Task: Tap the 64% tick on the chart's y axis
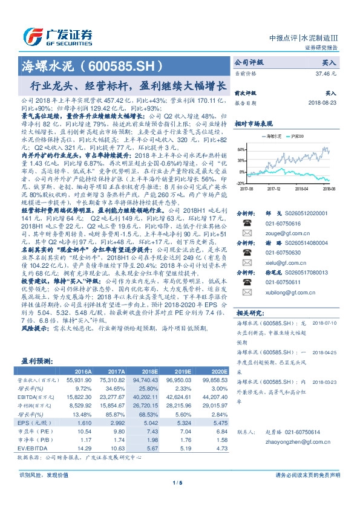[241, 148]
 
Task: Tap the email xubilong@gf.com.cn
[277, 292]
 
